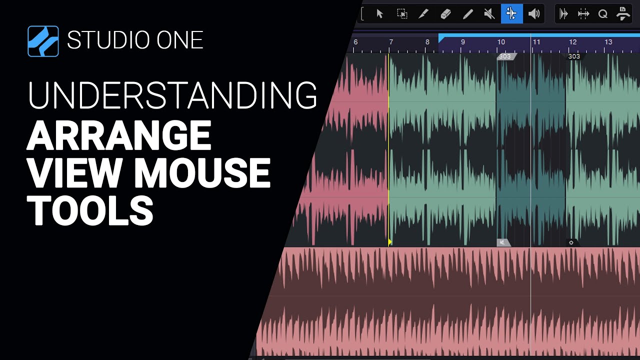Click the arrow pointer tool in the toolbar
379,14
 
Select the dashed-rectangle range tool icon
402,14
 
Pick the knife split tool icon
424,14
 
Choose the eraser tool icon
446,14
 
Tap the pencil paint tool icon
468,14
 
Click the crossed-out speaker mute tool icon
490,14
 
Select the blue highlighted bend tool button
511,14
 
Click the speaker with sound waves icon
534,14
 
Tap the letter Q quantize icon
603,14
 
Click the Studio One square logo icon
43,40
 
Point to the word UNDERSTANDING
172,95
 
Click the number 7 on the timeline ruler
391,42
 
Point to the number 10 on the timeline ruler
501,42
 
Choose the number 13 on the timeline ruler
608,42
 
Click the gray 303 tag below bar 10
505,56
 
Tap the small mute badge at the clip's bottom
502,242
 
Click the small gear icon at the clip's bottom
571,242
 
